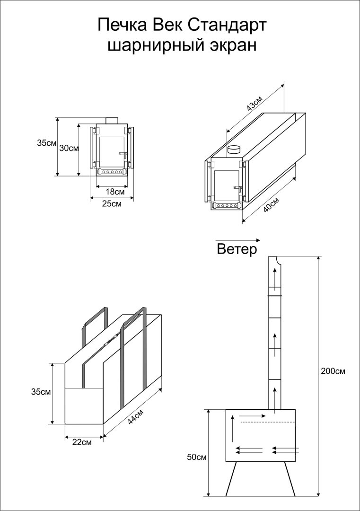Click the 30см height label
pos(69,148)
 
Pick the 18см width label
pos(115,192)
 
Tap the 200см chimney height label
pos(333,371)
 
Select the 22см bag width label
pos(82,442)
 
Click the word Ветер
pos(237,249)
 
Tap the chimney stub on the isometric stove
pos(234,150)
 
